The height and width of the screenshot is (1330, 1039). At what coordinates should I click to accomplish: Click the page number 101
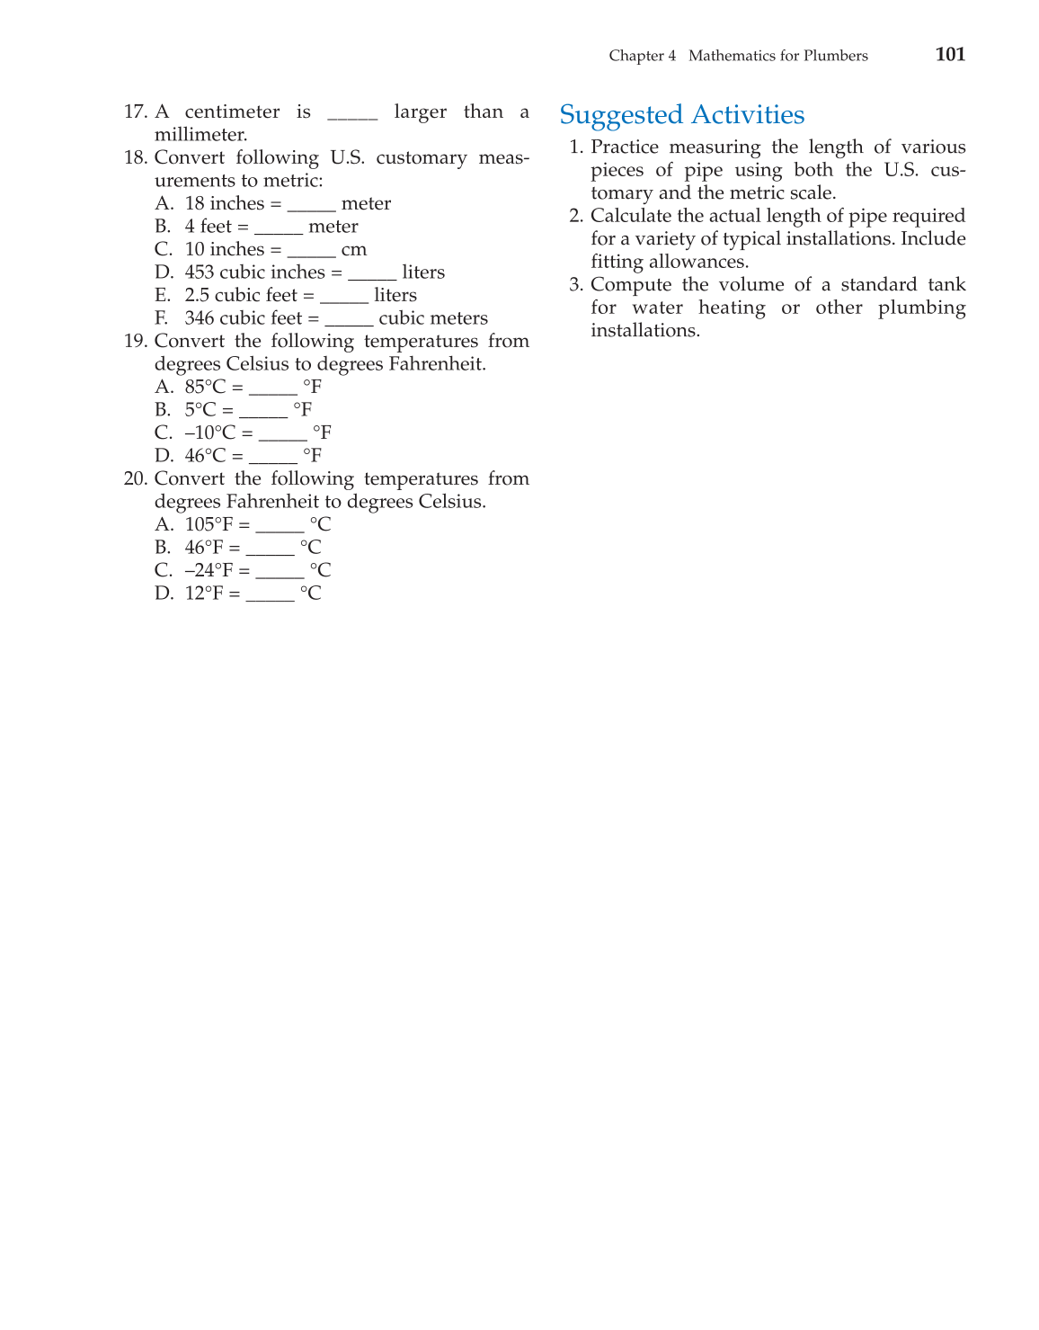950,55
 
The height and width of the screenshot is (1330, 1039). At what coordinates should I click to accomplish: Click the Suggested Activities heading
681,115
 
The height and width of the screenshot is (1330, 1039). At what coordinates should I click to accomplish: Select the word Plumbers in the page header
835,56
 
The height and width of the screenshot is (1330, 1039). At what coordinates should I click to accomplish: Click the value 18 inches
224,204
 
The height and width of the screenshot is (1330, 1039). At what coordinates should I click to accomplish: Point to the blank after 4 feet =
278,230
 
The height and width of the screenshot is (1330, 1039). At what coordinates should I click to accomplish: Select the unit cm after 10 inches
354,250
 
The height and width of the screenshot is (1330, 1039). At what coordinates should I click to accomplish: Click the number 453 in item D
199,272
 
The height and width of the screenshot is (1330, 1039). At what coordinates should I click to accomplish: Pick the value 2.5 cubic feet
240,296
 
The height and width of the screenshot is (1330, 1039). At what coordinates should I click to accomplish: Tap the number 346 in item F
200,318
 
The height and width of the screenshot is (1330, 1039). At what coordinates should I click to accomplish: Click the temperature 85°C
205,388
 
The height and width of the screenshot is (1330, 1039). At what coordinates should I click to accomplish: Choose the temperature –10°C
209,433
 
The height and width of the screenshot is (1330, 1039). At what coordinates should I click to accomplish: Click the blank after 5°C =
263,414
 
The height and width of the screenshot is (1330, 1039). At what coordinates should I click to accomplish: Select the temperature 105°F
209,525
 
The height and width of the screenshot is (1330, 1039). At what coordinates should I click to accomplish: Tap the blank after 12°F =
270,597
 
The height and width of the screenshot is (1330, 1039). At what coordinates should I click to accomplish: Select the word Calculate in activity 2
628,216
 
